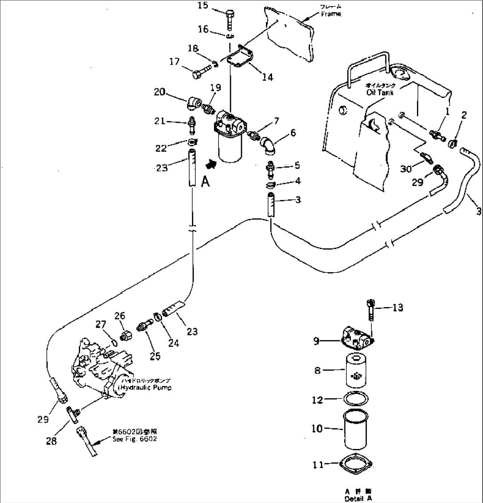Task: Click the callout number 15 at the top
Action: click(x=202, y=5)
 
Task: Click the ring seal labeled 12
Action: click(x=355, y=399)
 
